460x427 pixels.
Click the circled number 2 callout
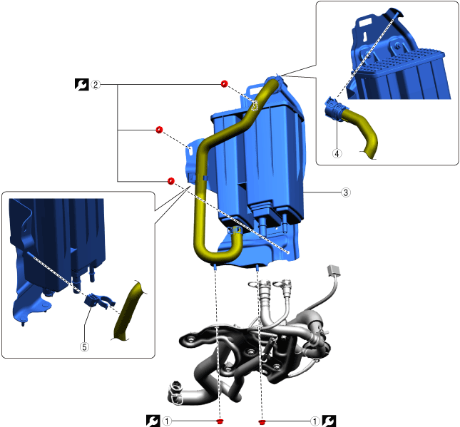96,85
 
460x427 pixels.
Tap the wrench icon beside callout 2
81,84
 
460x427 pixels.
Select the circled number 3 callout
346,192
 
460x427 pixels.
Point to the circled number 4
337,153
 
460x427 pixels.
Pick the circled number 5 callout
84,347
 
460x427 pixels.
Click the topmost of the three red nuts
224,84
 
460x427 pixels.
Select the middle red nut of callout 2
159,130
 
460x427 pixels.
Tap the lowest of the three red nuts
170,181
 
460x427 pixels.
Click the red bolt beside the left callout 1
220,422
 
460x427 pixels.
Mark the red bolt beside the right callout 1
262,422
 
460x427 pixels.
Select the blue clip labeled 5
98,302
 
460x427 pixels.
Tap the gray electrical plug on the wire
334,270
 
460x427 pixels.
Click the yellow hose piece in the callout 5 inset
128,311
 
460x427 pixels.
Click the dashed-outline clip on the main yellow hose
255,106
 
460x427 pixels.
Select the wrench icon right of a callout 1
329,421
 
